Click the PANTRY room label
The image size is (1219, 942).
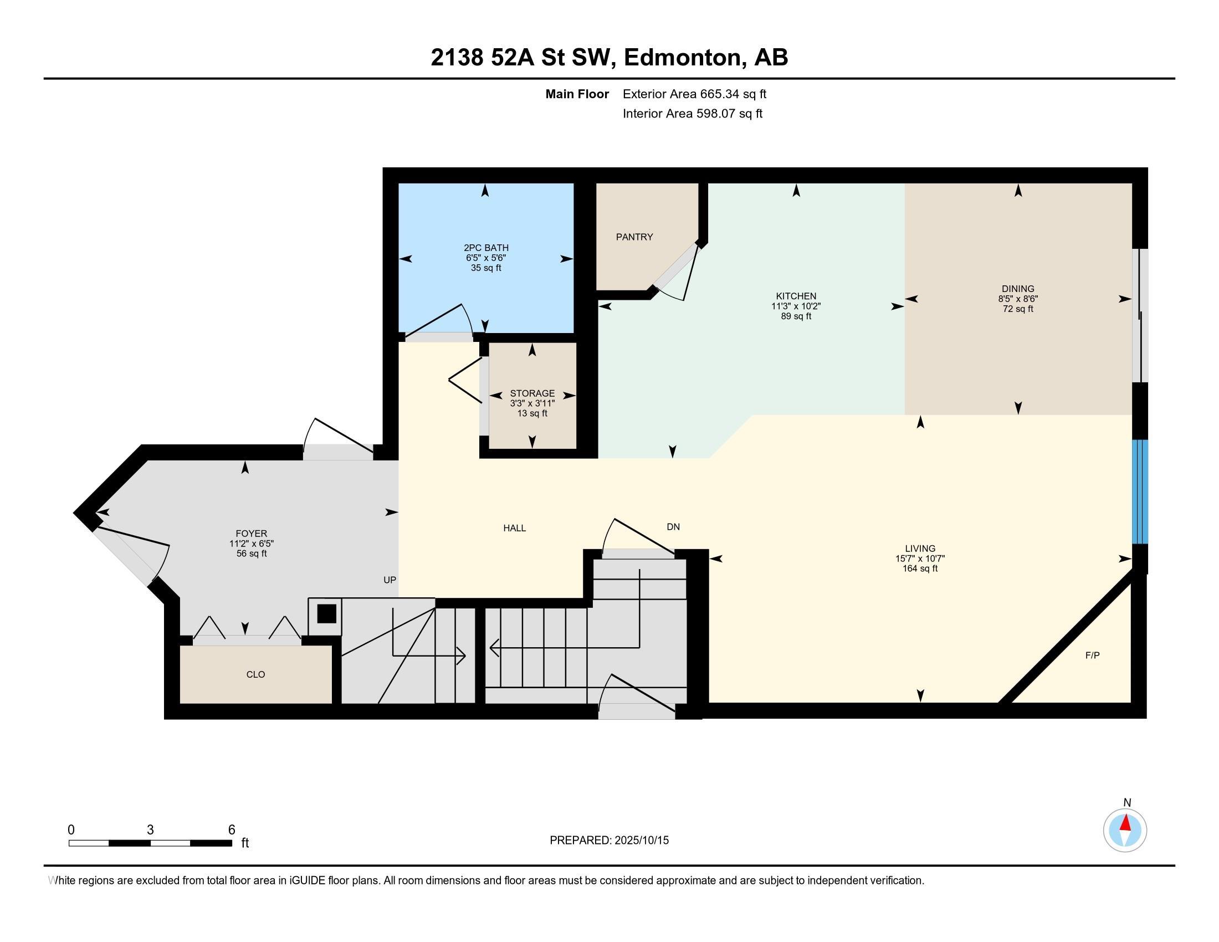coord(634,237)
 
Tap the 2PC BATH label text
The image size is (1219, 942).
coord(486,248)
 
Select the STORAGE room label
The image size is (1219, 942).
coord(532,393)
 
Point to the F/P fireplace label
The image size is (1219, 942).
coord(1092,655)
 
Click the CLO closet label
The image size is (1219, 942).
coord(255,674)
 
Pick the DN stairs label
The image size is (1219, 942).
coord(673,527)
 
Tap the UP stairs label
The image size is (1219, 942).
coord(390,580)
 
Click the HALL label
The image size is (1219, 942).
coord(515,528)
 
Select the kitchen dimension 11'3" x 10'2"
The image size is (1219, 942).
coord(796,306)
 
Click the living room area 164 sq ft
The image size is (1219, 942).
coord(920,569)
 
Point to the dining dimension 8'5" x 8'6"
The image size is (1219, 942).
coord(1018,299)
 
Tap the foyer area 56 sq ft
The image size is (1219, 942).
coord(252,554)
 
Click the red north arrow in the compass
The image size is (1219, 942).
coord(1125,823)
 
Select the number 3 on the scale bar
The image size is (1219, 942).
coord(150,830)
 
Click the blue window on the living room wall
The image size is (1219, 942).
coord(1140,492)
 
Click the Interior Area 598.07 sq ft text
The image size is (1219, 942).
coord(692,114)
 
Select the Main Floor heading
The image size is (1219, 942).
coord(577,94)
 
